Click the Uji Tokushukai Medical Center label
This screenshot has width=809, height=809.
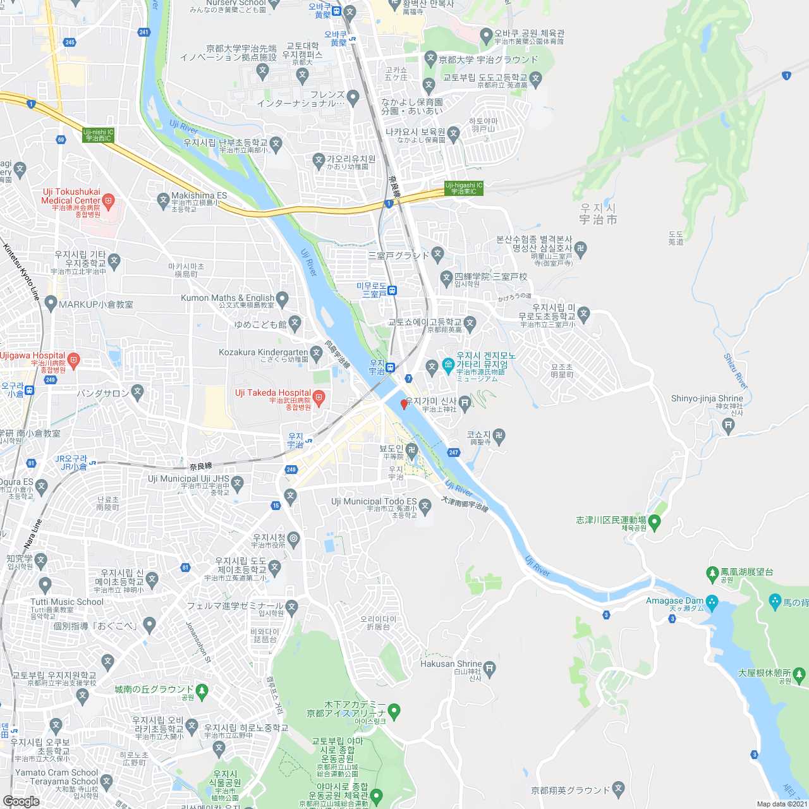(x=71, y=196)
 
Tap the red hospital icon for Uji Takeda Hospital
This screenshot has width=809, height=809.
(x=319, y=398)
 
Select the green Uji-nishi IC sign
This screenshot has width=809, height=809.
(x=98, y=135)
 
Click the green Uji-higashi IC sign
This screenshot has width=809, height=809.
(x=463, y=188)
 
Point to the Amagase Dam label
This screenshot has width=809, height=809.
(x=674, y=600)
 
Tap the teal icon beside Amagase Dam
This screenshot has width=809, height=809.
(x=712, y=601)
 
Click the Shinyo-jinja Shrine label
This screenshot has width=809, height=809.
(x=707, y=398)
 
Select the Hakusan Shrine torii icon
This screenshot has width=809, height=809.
(x=490, y=668)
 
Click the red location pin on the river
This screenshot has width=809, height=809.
(x=404, y=404)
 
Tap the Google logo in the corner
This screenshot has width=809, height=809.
(x=21, y=801)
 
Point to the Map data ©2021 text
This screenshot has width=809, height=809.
(x=782, y=804)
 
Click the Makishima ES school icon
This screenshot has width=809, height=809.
(x=163, y=200)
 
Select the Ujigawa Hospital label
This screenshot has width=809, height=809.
(x=33, y=355)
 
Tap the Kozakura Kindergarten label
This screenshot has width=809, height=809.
(x=264, y=352)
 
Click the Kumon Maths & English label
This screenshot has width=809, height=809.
(x=228, y=298)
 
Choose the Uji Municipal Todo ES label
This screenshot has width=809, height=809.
(x=374, y=501)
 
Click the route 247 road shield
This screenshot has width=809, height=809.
(x=453, y=453)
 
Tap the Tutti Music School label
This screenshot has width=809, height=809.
(x=67, y=602)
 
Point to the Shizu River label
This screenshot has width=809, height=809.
(x=736, y=371)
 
